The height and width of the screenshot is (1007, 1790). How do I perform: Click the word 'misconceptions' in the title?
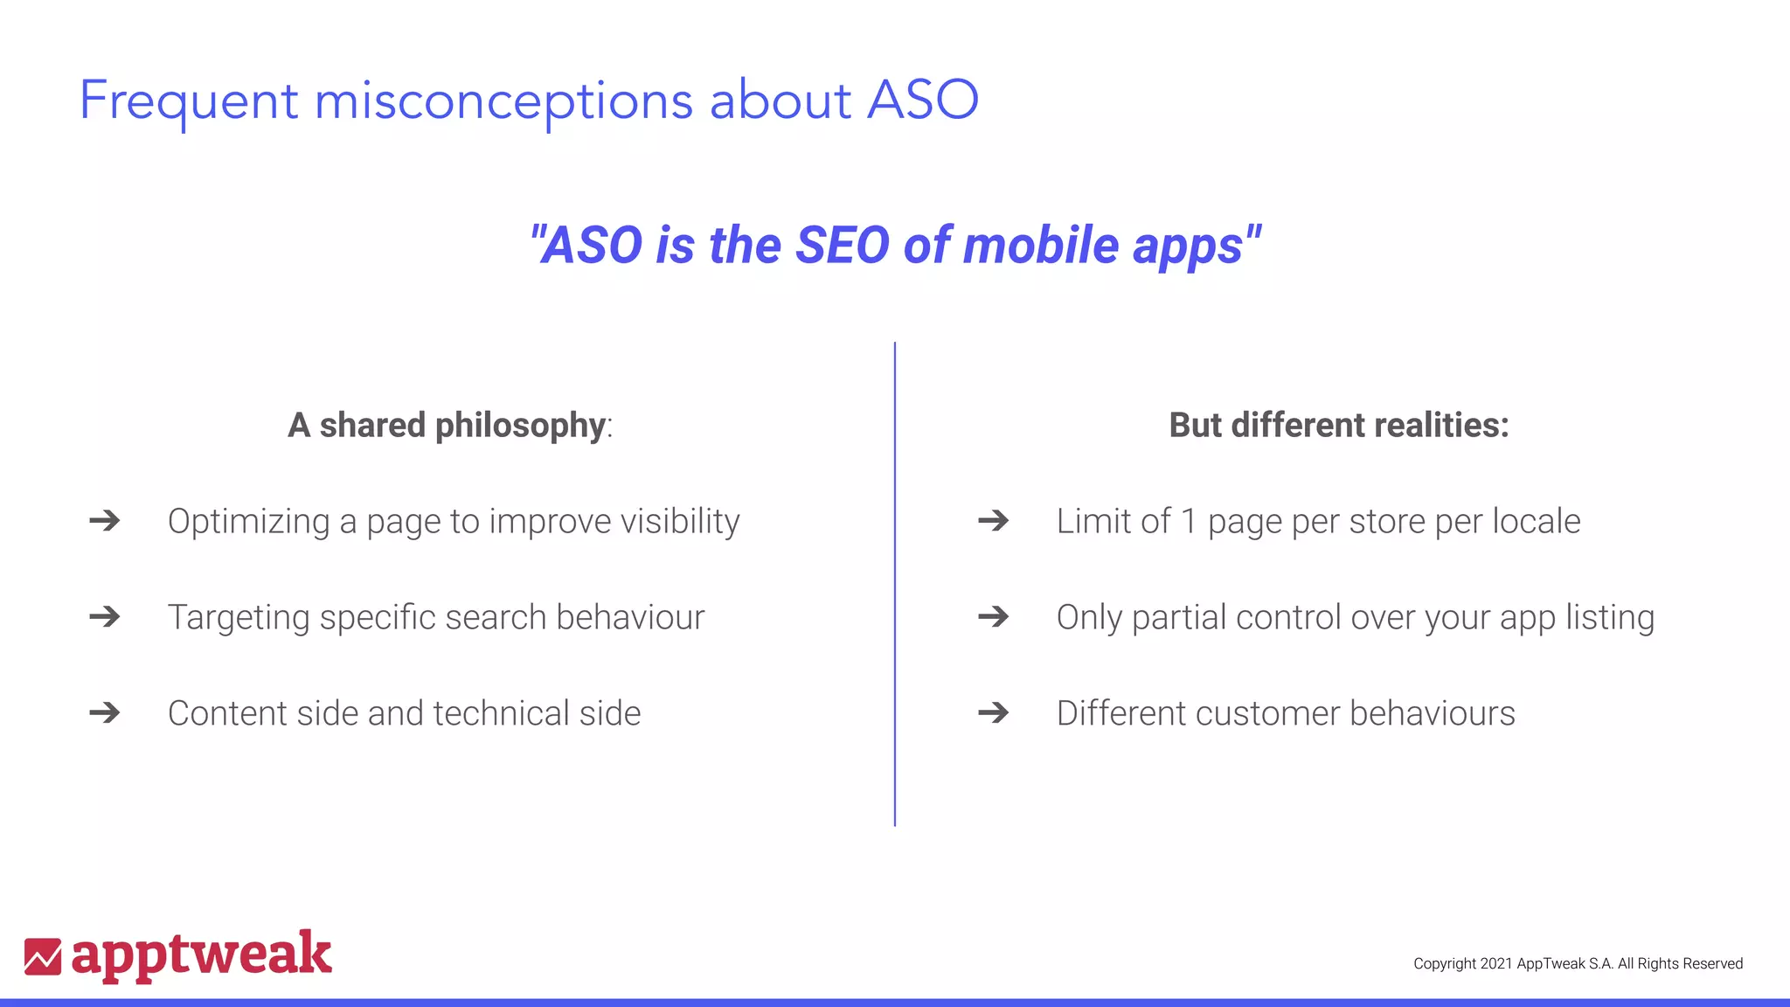click(x=503, y=101)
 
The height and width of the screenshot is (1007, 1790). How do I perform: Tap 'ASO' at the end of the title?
click(x=923, y=100)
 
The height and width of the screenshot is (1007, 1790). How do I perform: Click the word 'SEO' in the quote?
click(x=842, y=245)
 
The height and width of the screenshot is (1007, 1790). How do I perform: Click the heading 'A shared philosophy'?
click(x=447, y=426)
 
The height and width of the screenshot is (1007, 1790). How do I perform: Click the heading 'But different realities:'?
click(x=1339, y=426)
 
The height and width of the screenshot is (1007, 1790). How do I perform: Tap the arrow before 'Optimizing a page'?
click(x=105, y=521)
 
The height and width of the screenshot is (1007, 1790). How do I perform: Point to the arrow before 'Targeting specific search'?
click(x=105, y=617)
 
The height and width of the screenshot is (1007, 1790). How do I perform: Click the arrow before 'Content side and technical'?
click(x=105, y=713)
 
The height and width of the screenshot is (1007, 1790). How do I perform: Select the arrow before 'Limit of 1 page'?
click(x=993, y=521)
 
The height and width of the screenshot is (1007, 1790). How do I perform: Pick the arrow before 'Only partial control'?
click(x=993, y=617)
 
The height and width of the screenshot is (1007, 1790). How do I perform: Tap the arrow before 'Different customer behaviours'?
click(x=993, y=713)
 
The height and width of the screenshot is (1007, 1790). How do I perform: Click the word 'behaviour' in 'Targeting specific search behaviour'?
click(x=630, y=617)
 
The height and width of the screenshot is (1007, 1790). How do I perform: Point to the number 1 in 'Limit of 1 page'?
click(x=1189, y=522)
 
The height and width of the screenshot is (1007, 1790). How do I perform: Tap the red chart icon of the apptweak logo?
click(x=43, y=956)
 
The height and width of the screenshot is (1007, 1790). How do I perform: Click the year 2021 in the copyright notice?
click(x=1495, y=963)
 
